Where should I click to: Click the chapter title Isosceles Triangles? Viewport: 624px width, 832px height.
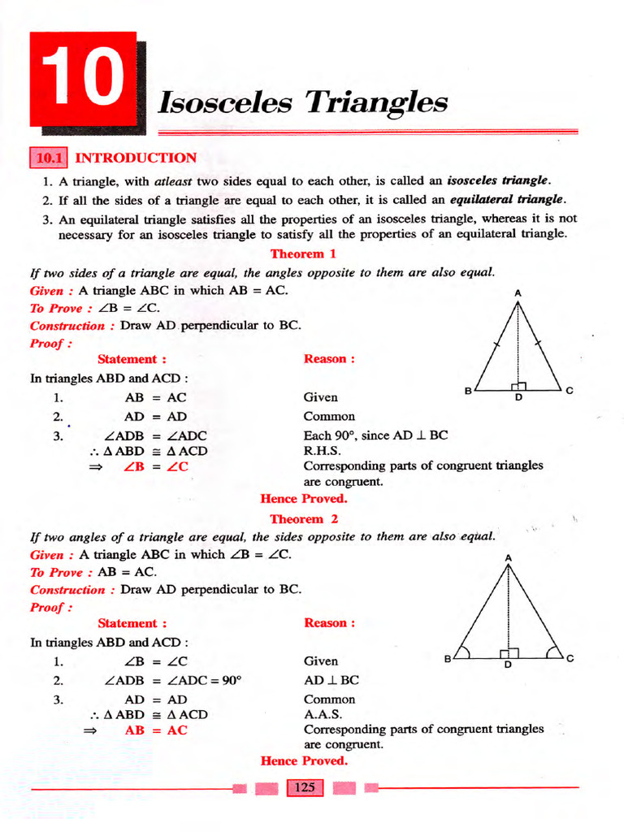[302, 102]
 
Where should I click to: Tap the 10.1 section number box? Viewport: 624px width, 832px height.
[50, 158]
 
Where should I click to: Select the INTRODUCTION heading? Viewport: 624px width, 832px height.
[136, 158]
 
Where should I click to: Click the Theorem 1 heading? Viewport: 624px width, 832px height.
[303, 253]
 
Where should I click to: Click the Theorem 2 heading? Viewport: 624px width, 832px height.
[304, 518]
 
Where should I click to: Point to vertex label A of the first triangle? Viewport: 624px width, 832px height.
[518, 292]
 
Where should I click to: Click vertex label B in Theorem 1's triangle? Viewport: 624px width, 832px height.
[468, 392]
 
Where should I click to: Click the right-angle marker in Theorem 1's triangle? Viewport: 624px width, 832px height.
[520, 386]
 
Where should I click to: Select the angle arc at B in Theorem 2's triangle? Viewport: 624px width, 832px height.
[464, 652]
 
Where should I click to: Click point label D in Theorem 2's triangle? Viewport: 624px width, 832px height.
[509, 665]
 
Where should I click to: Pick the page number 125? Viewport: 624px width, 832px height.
[305, 787]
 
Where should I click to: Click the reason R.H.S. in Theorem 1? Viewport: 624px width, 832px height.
[322, 451]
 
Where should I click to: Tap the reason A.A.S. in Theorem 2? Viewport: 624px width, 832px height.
[323, 715]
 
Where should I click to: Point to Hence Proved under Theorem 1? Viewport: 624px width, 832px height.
[303, 498]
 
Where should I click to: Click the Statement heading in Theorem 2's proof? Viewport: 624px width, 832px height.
[132, 623]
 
